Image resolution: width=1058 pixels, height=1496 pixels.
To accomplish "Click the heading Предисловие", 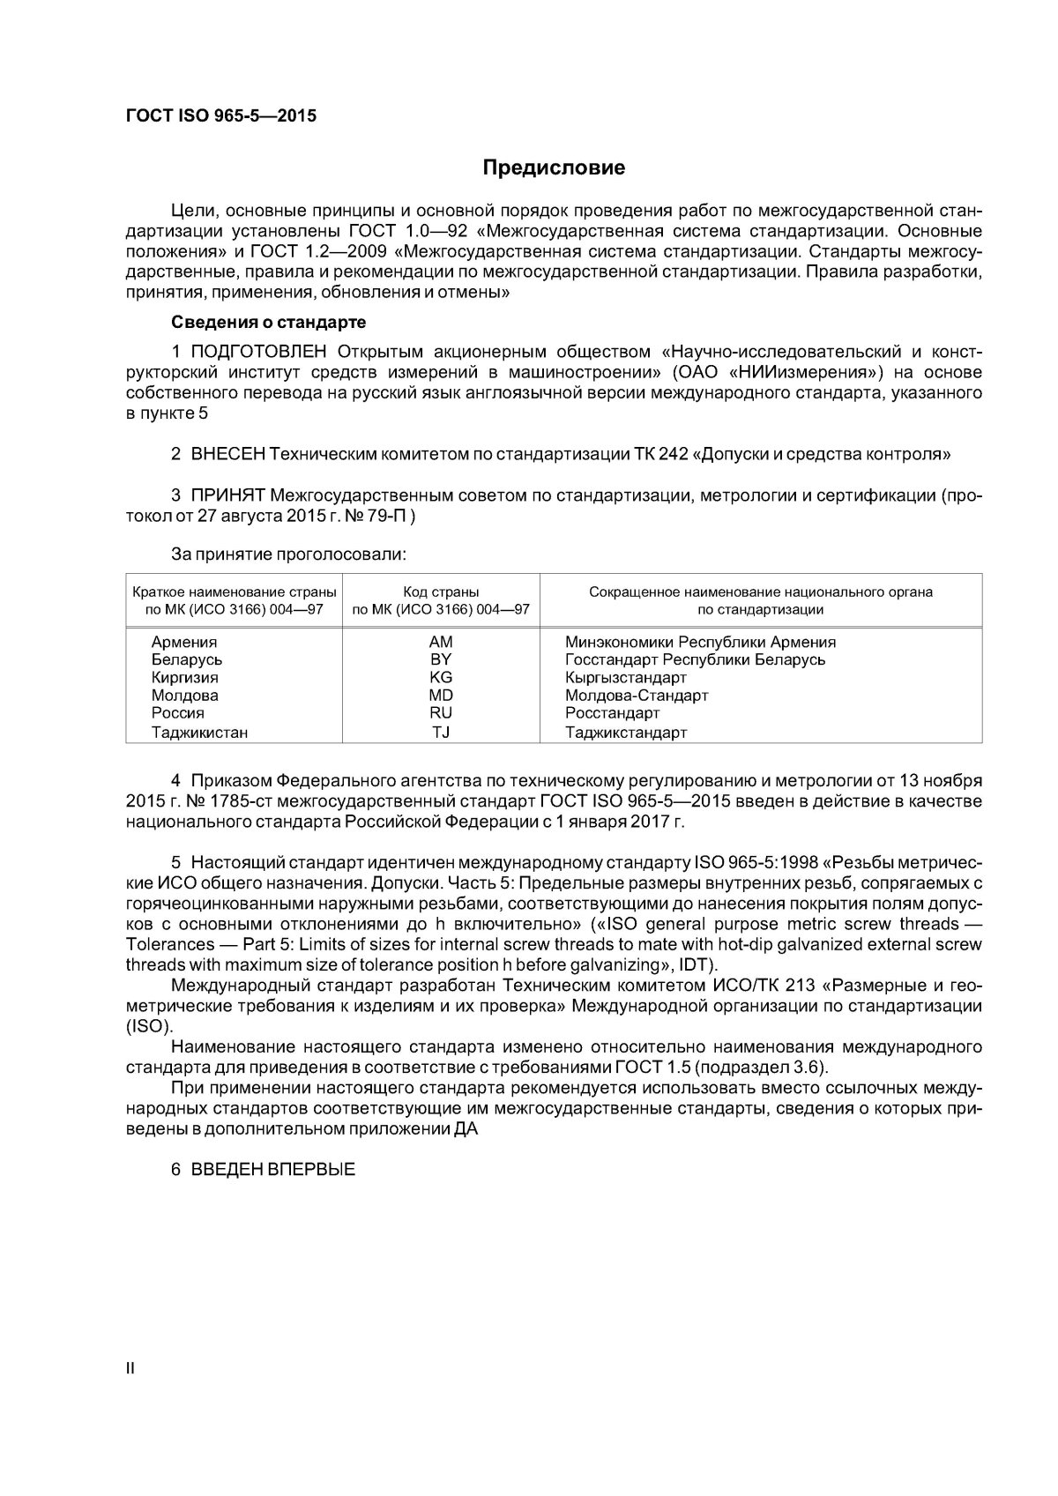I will pyautogui.click(x=554, y=167).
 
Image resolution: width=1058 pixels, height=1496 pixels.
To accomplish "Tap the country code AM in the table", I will pyautogui.click(x=441, y=643).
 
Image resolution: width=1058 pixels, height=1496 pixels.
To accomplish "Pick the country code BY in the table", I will pyautogui.click(x=441, y=660).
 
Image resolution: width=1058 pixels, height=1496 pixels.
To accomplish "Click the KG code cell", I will pyautogui.click(x=441, y=678).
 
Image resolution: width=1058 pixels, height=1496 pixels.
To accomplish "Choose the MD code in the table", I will pyautogui.click(x=441, y=696).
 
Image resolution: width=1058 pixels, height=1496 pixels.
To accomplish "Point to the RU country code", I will pyautogui.click(x=441, y=713).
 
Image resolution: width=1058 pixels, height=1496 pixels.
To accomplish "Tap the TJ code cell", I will pyautogui.click(x=441, y=732).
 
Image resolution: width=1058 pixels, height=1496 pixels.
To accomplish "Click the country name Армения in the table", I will pyautogui.click(x=184, y=643).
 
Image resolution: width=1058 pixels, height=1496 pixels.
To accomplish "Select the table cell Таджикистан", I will pyautogui.click(x=199, y=732).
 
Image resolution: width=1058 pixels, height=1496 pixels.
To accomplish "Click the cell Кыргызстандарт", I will pyautogui.click(x=625, y=678).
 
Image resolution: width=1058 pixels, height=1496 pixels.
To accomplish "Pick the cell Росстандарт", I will pyautogui.click(x=612, y=713).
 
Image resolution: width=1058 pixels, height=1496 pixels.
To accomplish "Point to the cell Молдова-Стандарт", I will pyautogui.click(x=637, y=696).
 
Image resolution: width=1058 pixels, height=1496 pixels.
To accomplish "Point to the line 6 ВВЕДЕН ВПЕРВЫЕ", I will pyautogui.click(x=264, y=1171).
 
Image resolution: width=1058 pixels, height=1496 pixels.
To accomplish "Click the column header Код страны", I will pyautogui.click(x=441, y=592).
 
